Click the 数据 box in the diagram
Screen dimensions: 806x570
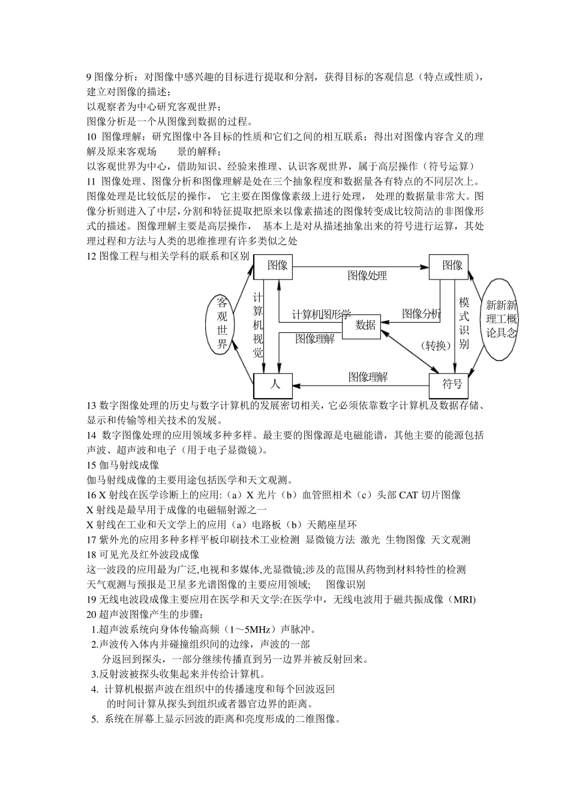[365, 325]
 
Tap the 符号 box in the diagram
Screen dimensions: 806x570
[451, 384]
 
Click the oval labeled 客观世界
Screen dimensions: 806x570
[223, 323]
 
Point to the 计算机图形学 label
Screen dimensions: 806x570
[321, 315]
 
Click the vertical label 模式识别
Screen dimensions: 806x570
[464, 323]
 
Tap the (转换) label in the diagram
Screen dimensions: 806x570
[436, 345]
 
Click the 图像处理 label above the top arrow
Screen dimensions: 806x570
[367, 275]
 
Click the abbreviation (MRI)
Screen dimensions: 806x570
[464, 600]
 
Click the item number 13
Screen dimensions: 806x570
[92, 406]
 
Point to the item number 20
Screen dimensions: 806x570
[92, 615]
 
